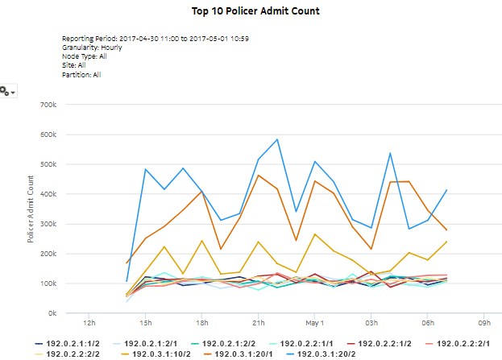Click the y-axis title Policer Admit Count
point(31,209)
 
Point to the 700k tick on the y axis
point(44,105)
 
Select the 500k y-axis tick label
point(44,164)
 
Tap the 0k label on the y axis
point(49,312)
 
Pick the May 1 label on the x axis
point(314,323)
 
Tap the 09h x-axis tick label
point(483,323)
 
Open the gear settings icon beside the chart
point(6,92)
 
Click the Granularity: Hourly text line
point(92,48)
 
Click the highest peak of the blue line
point(277,139)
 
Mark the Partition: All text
point(81,74)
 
